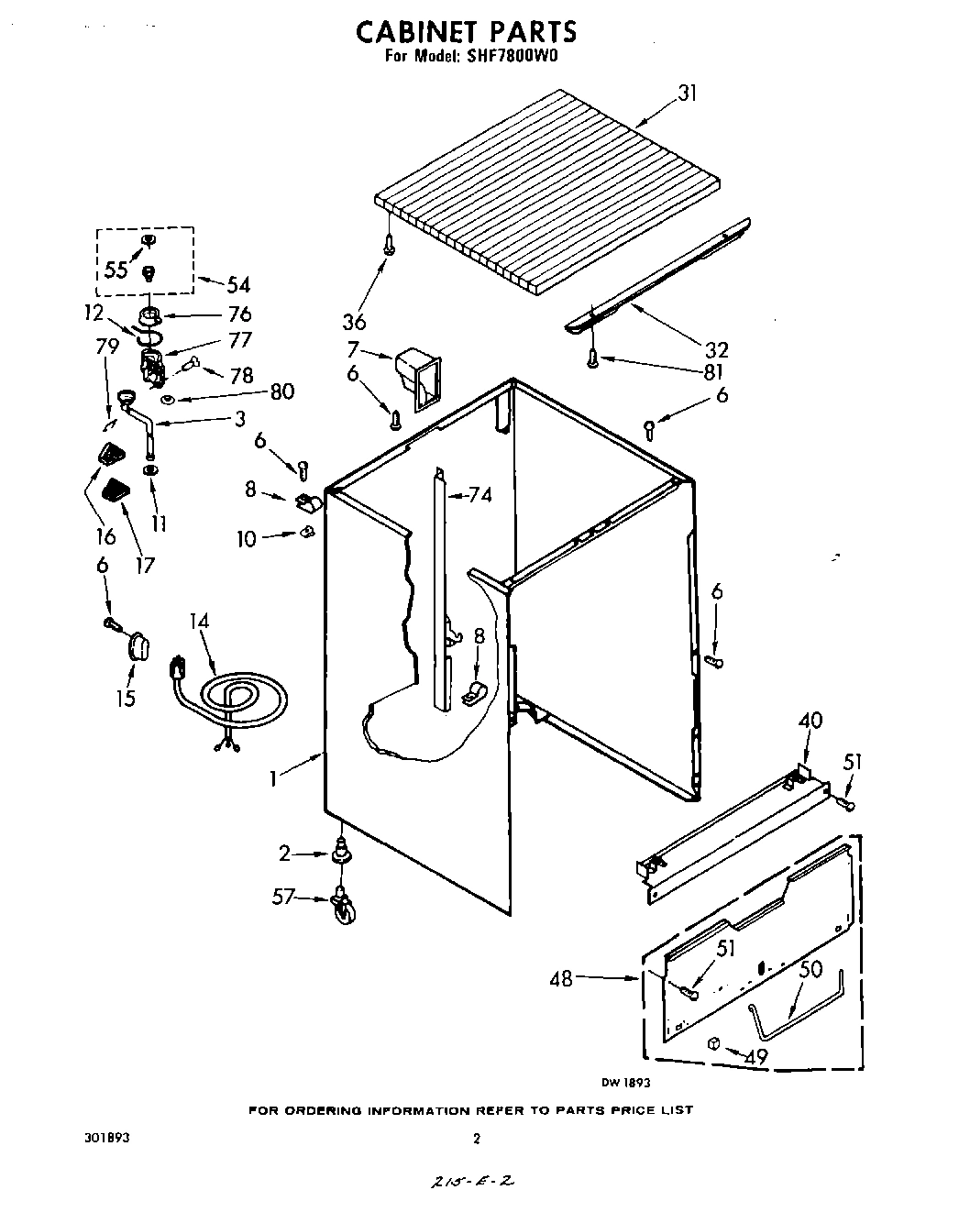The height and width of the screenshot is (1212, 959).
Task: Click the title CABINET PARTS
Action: coord(466,31)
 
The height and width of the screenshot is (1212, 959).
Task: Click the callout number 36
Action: coord(354,322)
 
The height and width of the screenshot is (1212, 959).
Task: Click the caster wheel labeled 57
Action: coord(343,908)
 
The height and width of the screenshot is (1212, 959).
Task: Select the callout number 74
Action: coord(479,495)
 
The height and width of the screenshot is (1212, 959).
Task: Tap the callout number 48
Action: coord(560,979)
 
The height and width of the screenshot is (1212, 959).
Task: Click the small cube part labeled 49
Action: coord(713,1042)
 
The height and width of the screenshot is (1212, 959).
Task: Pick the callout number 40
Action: coord(810,721)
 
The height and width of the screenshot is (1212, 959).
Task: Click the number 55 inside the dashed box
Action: coord(116,269)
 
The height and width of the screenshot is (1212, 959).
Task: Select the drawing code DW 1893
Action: coord(625,1082)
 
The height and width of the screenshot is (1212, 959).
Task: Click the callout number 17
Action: coord(143,565)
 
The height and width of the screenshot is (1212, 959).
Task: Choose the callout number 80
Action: coord(281,392)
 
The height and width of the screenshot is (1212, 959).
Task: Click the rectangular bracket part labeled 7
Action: coord(413,376)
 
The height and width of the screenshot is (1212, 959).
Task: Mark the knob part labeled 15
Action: coord(137,645)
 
